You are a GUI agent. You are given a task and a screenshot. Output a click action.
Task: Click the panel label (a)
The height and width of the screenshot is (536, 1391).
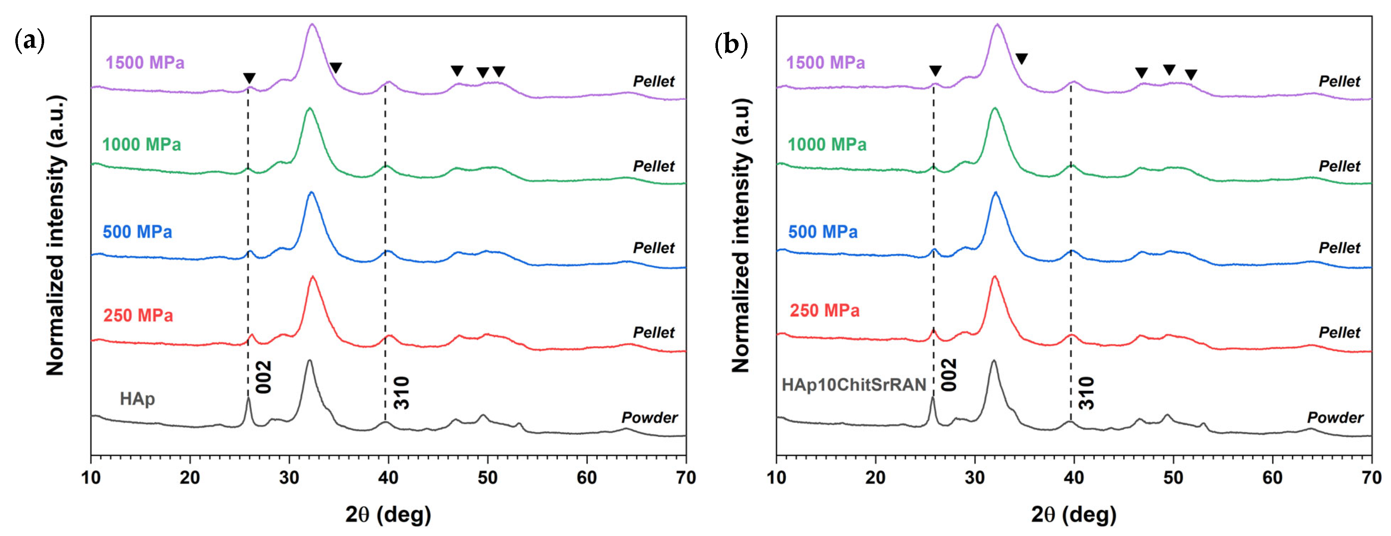click(x=29, y=42)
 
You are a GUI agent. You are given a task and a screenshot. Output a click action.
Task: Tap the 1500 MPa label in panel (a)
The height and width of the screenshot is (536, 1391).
click(x=145, y=63)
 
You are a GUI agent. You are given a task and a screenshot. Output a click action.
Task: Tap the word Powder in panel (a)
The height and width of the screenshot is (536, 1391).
click(x=649, y=418)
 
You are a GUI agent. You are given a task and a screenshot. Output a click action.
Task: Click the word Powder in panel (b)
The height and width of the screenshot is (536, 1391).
click(x=1335, y=418)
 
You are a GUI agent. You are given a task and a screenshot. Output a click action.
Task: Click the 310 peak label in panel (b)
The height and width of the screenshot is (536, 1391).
click(x=1086, y=393)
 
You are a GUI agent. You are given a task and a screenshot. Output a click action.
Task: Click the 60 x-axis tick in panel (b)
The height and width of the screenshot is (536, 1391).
click(x=1272, y=478)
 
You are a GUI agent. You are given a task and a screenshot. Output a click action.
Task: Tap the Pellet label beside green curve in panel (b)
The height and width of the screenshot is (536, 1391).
click(x=1339, y=166)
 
